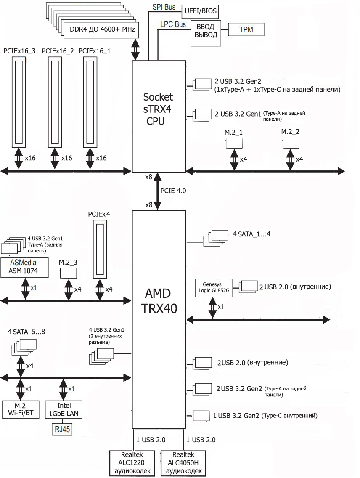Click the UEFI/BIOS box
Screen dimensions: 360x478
pos(200,11)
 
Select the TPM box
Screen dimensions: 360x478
pos(246,29)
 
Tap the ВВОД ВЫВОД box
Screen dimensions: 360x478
pos(206,33)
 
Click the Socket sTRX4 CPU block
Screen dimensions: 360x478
pos(159,117)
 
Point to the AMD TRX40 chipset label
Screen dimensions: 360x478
pos(159,301)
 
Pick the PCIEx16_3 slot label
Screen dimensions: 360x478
pos(19,51)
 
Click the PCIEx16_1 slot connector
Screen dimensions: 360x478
pos(90,102)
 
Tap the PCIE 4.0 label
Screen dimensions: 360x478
pos(173,191)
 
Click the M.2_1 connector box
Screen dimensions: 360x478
pos(234,143)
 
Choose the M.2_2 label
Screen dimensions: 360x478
pos(290,132)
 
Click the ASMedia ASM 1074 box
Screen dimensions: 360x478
pos(24,267)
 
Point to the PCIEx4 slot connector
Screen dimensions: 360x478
pos(100,250)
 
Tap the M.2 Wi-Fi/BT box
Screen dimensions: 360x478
pos(21,409)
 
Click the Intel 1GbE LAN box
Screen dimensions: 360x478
pos(64,409)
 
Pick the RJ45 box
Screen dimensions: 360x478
pos(62,429)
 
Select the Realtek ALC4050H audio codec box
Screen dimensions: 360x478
pos(183,463)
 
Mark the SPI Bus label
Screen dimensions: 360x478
pos(164,7)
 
